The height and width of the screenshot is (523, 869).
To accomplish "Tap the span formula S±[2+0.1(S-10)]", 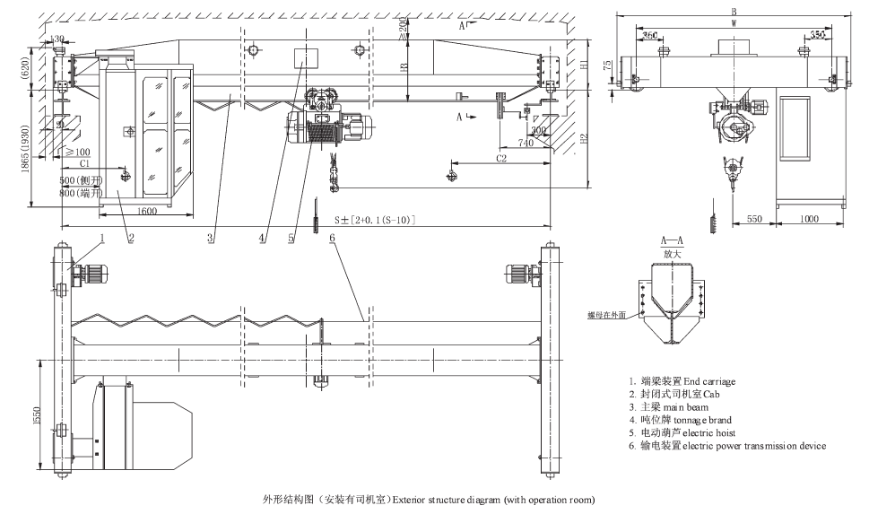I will click(374, 219).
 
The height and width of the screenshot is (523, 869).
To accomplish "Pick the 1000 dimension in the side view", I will click(810, 219).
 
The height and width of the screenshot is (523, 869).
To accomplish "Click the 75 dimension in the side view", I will click(608, 65).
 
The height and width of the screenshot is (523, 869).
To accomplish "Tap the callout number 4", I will click(262, 239).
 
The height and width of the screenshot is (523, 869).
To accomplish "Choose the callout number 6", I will click(332, 239).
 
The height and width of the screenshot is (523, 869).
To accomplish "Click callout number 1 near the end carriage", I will click(102, 239).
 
